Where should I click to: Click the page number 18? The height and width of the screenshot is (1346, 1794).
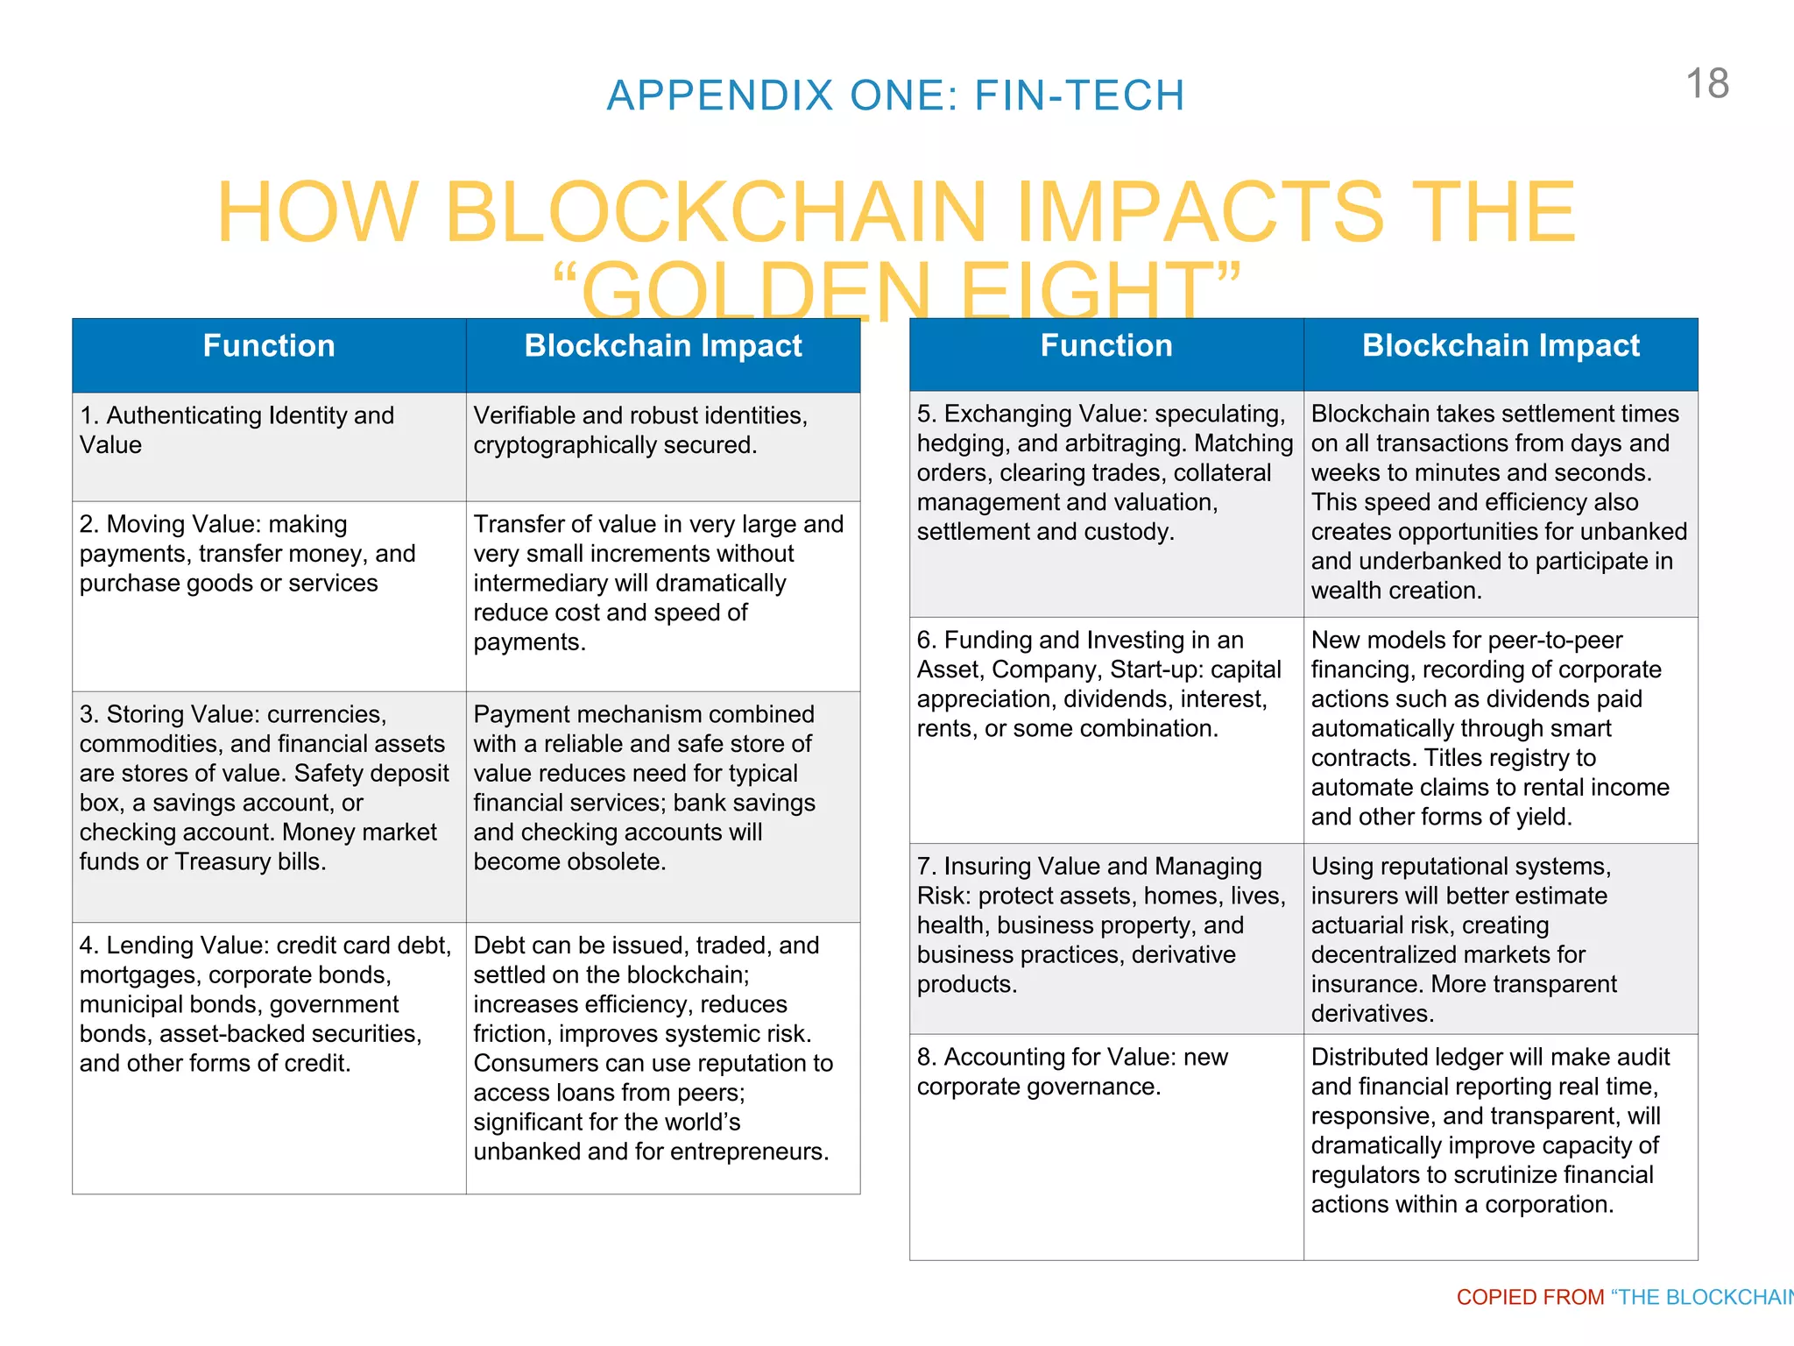[x=1706, y=84]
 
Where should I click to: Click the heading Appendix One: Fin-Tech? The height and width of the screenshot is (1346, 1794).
[x=895, y=96]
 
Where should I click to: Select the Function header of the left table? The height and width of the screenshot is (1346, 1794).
[x=269, y=346]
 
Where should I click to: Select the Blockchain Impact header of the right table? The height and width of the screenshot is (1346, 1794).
[x=1500, y=346]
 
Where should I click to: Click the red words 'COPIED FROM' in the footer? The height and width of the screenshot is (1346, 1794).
[x=1529, y=1297]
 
